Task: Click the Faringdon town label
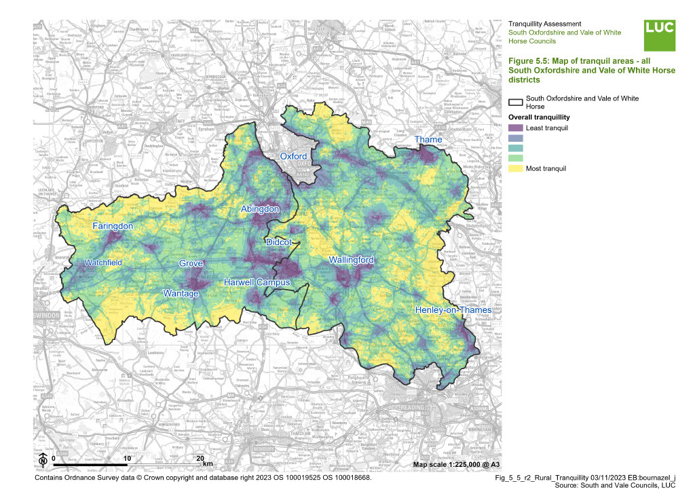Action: [113, 226]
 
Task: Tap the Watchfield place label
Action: [103, 263]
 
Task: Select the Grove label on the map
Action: [191, 263]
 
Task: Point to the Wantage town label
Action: [181, 293]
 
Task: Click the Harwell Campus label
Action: [257, 282]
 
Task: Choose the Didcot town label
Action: [279, 242]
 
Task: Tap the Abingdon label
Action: [260, 210]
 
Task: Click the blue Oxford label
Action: [294, 156]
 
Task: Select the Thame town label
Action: [428, 140]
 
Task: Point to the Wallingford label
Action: [352, 260]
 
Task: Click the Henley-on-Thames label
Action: [453, 310]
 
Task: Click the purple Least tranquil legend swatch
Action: [515, 128]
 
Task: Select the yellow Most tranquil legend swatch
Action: [515, 168]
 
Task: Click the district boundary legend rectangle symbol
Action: [515, 102]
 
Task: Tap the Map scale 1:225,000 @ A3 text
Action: [457, 464]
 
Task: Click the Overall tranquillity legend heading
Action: [538, 117]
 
